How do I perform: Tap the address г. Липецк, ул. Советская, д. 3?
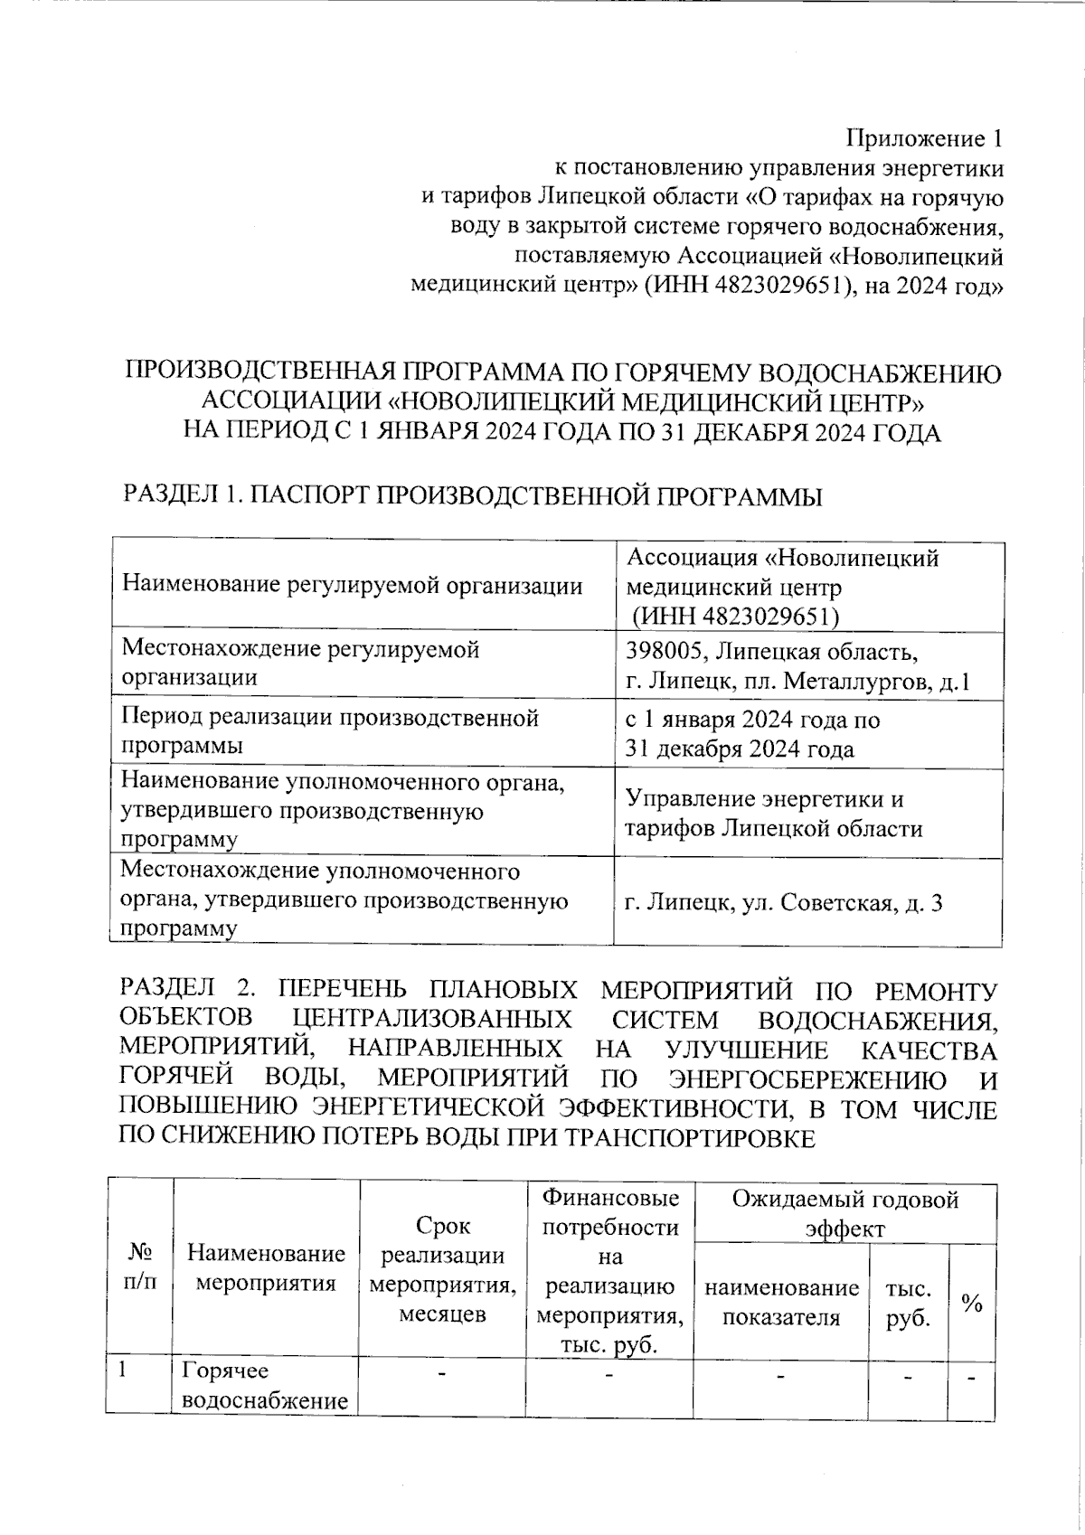point(784,901)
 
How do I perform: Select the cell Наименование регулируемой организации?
point(352,586)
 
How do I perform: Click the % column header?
point(972,1302)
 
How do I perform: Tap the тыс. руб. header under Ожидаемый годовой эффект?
point(908,1302)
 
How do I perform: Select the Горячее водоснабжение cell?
point(265,1386)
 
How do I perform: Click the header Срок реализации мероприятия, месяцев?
point(443,1268)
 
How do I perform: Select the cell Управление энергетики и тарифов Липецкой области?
point(774,814)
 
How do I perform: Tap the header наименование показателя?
point(781,1302)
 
